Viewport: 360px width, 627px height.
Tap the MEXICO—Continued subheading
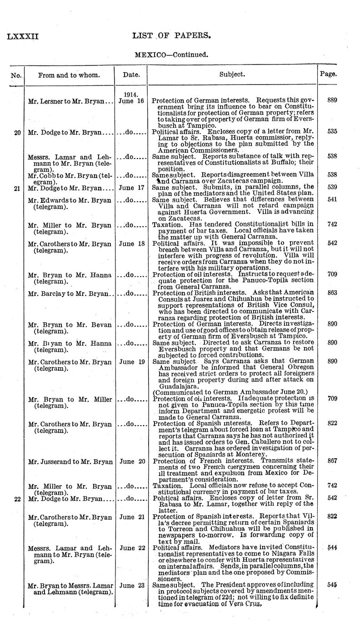171,55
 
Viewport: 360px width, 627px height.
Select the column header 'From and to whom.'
69,75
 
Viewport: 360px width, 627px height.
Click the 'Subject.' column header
232,74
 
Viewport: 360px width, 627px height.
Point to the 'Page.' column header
328,74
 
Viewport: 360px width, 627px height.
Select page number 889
332,100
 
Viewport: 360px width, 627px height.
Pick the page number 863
332,293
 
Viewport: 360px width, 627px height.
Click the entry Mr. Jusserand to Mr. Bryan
70,462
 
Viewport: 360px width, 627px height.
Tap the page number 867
332,461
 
